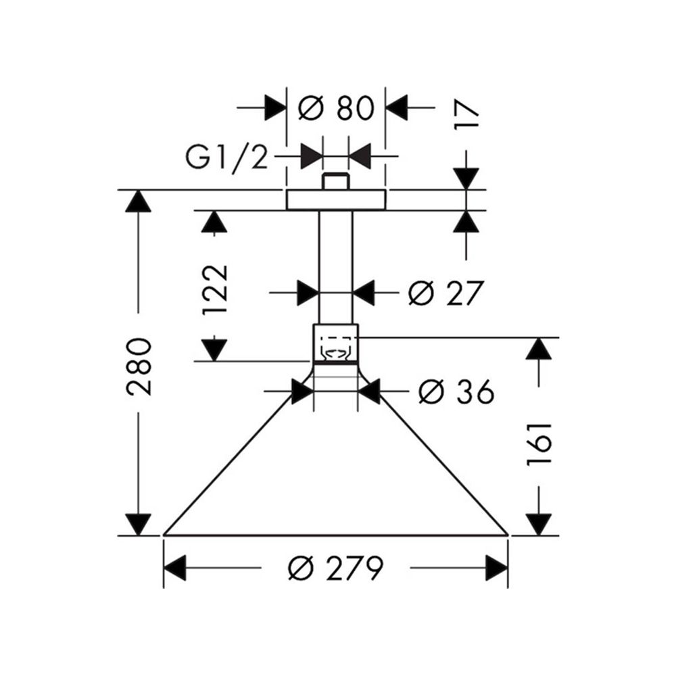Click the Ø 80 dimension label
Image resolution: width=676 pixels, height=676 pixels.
tap(336, 107)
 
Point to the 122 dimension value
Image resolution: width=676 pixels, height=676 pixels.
tap(215, 290)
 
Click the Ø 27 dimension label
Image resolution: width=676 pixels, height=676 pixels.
tap(446, 293)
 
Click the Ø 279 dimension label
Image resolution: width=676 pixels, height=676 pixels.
tap(336, 569)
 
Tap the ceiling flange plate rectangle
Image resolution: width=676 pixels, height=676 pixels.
tap(336, 200)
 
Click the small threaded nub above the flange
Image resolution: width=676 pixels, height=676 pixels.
tap(335, 182)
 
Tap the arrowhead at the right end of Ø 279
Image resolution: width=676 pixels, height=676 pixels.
tap(497, 569)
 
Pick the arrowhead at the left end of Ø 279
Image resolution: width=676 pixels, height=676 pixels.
tap(175, 569)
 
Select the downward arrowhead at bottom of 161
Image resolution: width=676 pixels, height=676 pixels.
tap(539, 523)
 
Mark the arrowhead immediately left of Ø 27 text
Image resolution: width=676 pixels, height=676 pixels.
tap(364, 293)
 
